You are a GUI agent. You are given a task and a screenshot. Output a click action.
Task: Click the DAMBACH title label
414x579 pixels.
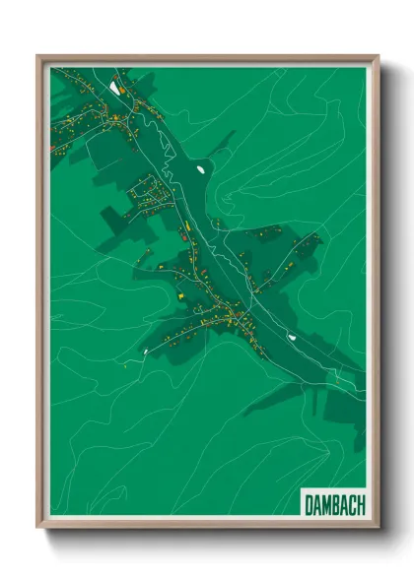[x=334, y=504]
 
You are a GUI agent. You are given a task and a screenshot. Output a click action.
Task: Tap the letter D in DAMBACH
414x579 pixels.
[x=309, y=504]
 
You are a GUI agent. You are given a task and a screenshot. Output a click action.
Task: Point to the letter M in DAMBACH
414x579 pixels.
[x=326, y=504]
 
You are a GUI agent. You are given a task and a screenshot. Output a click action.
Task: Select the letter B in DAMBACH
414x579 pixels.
[x=336, y=504]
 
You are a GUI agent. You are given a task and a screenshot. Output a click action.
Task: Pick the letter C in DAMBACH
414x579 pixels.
[x=353, y=504]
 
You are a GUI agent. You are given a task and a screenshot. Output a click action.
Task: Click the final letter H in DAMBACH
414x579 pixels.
[x=362, y=504]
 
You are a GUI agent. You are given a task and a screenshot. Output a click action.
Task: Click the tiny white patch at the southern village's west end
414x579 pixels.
[x=146, y=349]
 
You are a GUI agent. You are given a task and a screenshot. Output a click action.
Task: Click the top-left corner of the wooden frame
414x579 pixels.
[x=37, y=56]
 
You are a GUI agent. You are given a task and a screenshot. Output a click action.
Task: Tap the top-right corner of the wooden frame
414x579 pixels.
[x=378, y=56]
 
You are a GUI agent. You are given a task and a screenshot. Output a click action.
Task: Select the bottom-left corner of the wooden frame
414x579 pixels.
[x=37, y=528]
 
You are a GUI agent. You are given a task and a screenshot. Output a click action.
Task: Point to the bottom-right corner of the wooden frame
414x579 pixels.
[x=378, y=528]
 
